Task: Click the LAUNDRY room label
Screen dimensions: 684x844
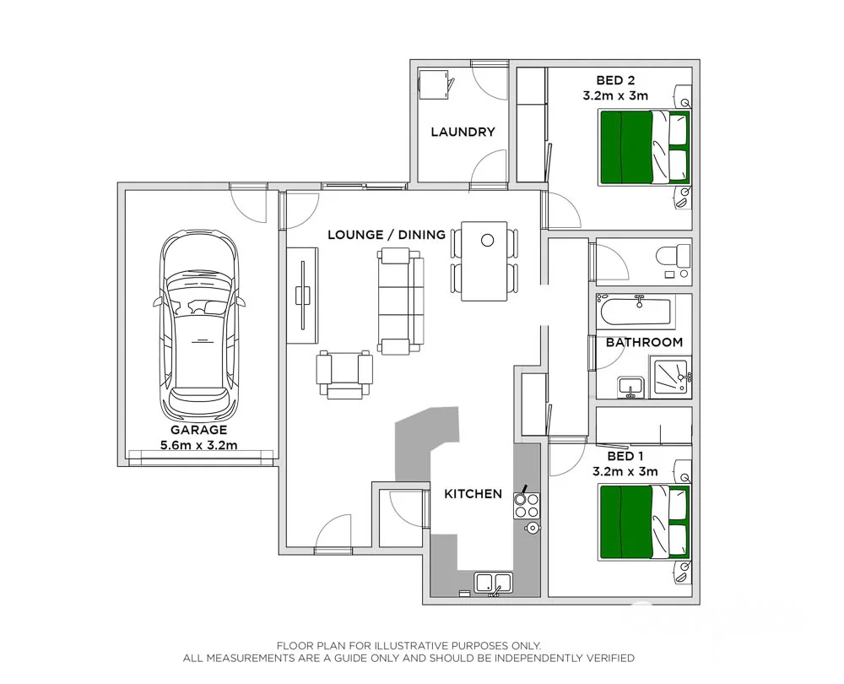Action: [x=463, y=132]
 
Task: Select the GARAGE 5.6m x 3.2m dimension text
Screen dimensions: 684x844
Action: [x=199, y=445]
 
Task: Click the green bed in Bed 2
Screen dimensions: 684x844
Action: [x=644, y=147]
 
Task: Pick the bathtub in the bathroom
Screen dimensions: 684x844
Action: [x=634, y=312]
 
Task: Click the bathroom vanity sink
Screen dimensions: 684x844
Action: [x=630, y=387]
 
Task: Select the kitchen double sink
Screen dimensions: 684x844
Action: [x=494, y=582]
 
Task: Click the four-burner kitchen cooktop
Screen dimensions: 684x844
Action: [x=527, y=505]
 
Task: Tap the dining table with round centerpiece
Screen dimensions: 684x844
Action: [x=484, y=260]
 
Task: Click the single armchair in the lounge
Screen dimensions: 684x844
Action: [x=344, y=374]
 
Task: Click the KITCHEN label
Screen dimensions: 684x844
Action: [x=473, y=494]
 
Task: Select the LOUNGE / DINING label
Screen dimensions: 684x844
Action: [x=387, y=235]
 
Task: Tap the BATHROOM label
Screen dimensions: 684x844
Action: [x=644, y=342]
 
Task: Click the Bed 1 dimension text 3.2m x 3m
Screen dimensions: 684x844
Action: [x=625, y=471]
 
